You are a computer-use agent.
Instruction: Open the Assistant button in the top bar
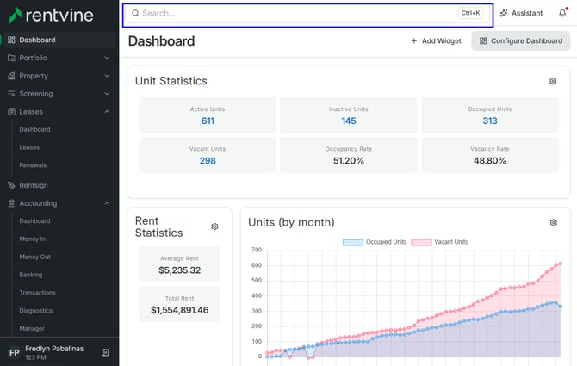click(x=521, y=13)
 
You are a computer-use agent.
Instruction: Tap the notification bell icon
click(x=562, y=13)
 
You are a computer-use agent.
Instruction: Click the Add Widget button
click(x=436, y=40)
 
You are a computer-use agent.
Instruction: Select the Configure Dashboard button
click(x=521, y=40)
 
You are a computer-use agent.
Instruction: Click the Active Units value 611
click(x=208, y=121)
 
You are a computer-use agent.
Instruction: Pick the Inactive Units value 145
click(x=349, y=121)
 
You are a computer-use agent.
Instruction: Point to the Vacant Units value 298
click(x=208, y=160)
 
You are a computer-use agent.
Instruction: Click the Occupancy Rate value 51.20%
click(x=349, y=160)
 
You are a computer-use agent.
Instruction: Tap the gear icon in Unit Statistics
click(x=553, y=81)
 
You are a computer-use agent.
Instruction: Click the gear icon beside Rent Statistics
click(x=214, y=226)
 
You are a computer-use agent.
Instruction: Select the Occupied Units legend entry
click(x=375, y=242)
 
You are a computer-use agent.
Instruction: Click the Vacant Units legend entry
click(x=439, y=242)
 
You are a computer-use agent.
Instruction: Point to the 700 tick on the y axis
click(x=257, y=250)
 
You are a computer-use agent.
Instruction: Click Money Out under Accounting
click(x=35, y=257)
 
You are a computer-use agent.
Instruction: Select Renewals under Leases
click(x=33, y=165)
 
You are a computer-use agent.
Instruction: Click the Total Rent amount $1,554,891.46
click(x=180, y=310)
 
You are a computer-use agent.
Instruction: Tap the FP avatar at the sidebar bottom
click(x=14, y=353)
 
